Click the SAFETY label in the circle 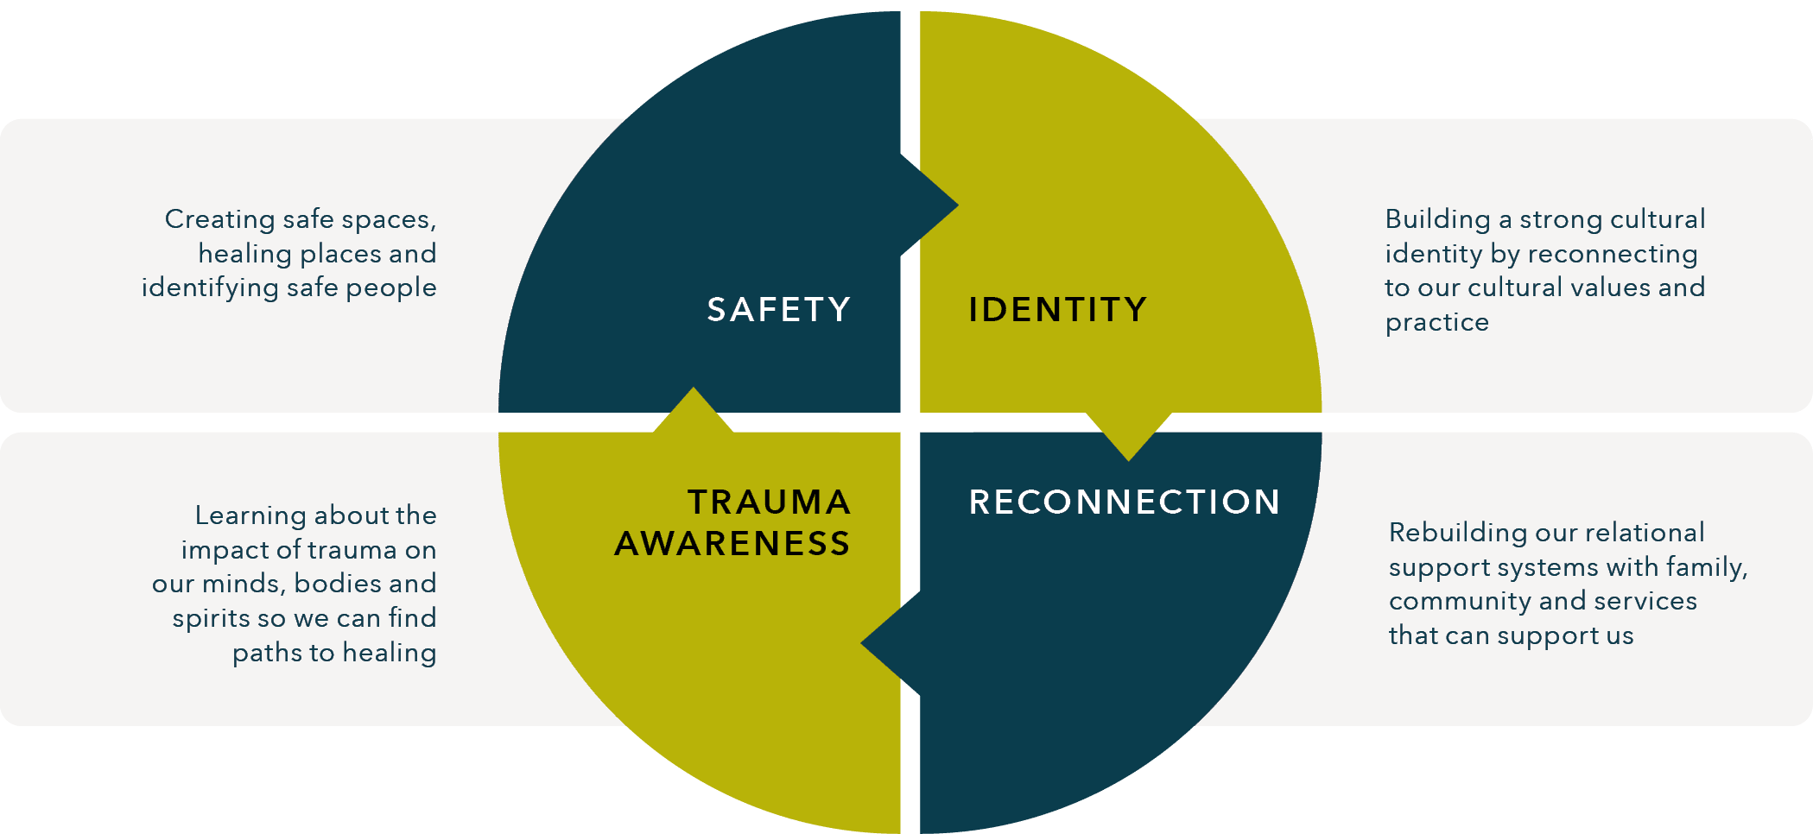(778, 309)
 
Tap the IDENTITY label (1057, 309)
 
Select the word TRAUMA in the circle (769, 502)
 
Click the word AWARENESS (732, 543)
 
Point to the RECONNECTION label (1124, 502)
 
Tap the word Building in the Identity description (1437, 219)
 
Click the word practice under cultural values (1436, 322)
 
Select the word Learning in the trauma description (250, 515)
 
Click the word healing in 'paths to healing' (389, 653)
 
